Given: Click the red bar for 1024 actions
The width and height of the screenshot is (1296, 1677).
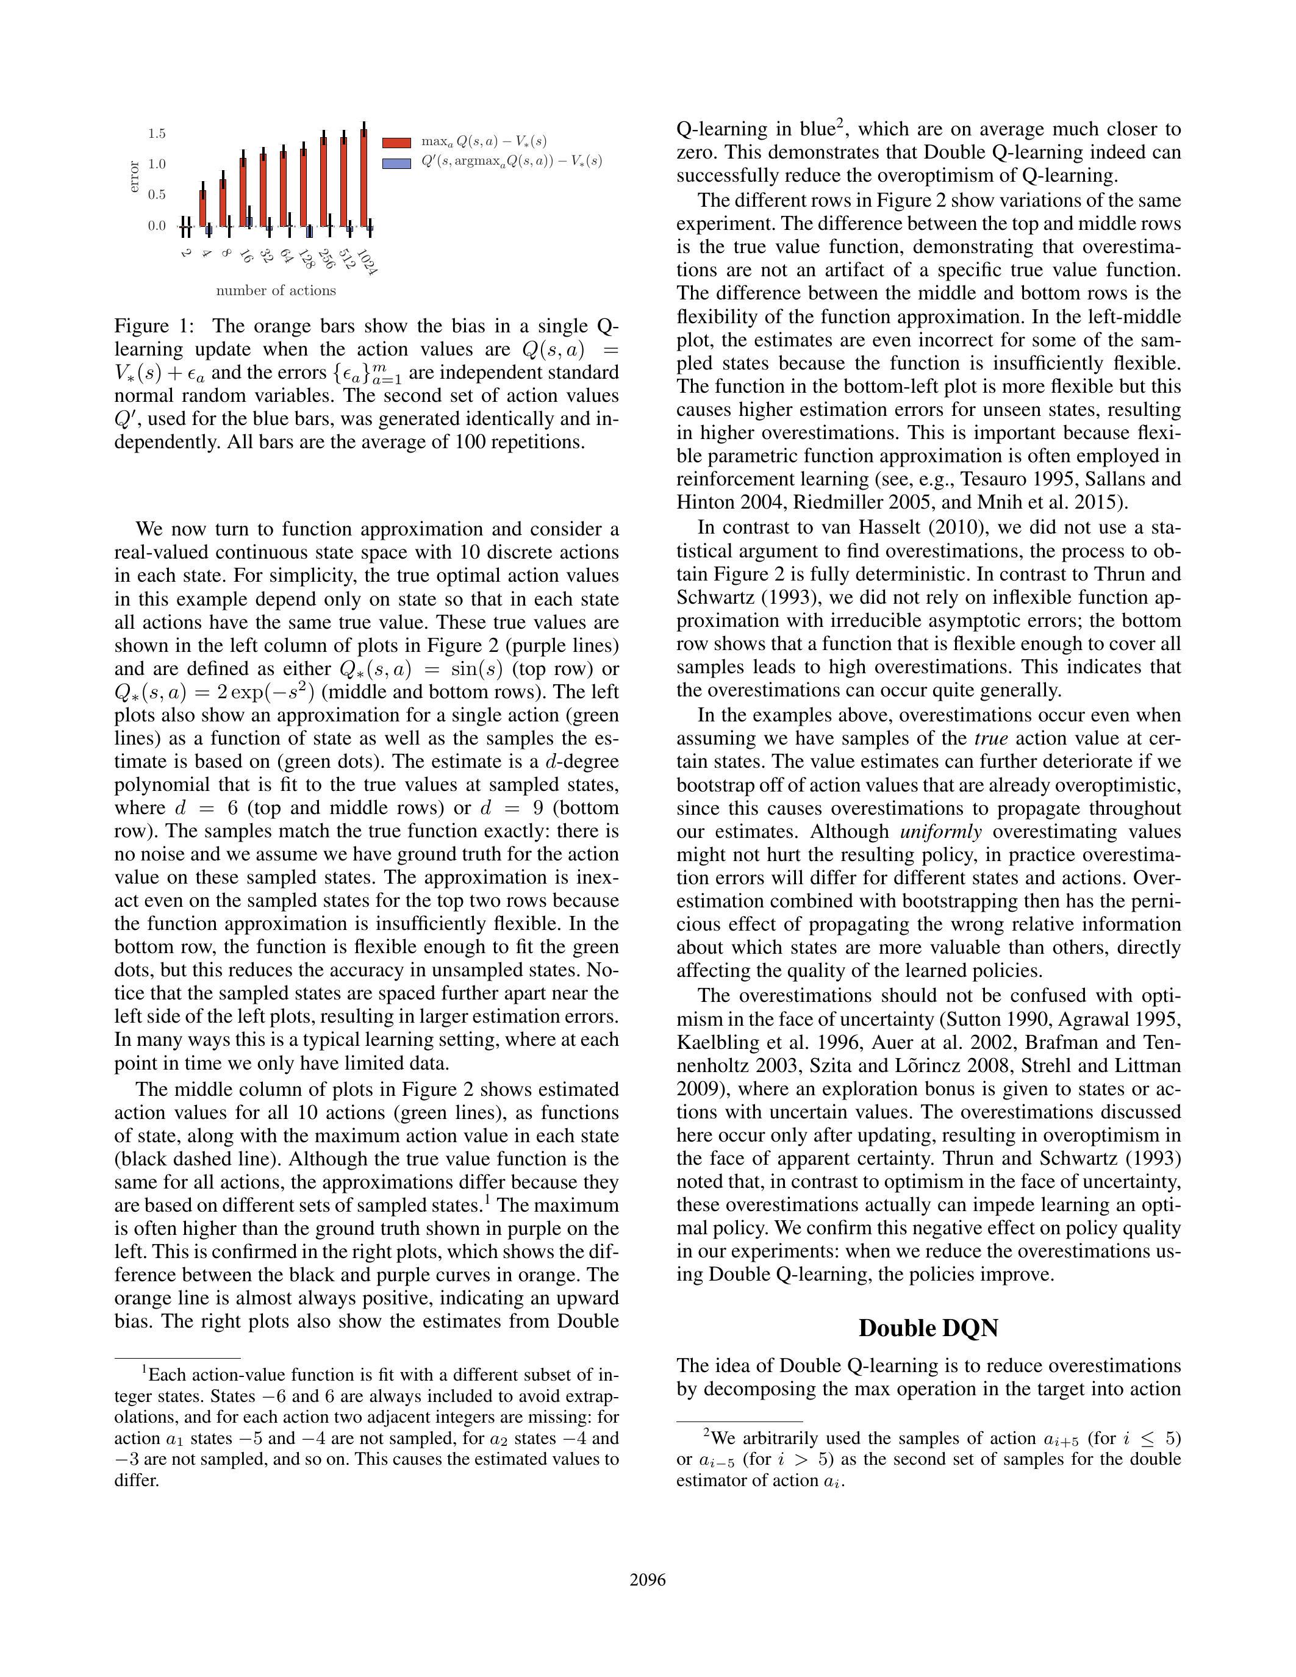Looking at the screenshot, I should [x=364, y=178].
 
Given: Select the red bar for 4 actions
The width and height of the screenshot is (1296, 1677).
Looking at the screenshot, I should [x=202, y=207].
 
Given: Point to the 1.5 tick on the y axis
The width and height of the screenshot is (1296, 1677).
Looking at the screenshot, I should [x=157, y=134].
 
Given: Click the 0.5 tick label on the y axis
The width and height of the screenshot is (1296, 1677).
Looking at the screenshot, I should [x=157, y=195].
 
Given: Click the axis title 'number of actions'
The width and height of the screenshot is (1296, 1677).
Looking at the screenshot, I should [x=276, y=291].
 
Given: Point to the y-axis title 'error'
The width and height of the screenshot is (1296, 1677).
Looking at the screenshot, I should [x=135, y=177].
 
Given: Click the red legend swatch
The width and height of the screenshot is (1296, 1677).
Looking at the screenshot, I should [x=397, y=142].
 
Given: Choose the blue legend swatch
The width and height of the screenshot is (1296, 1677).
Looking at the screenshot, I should [x=397, y=162].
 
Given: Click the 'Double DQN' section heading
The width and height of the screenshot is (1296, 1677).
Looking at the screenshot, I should [x=928, y=1328].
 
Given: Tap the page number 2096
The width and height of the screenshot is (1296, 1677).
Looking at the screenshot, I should [x=647, y=1580].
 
